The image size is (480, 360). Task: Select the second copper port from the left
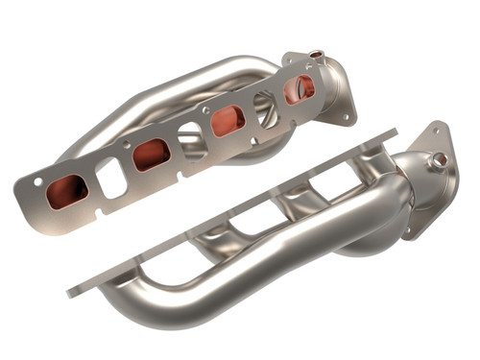pyautogui.click(x=151, y=154)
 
